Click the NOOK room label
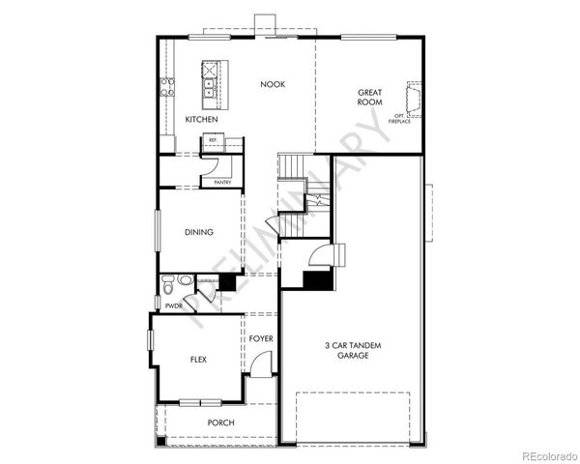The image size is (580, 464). [274, 85]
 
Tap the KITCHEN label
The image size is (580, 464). [201, 119]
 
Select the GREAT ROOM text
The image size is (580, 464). [369, 98]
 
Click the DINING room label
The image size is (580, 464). [199, 232]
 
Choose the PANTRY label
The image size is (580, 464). [221, 182]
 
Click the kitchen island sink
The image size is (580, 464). [210, 90]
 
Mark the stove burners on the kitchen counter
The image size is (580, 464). [166, 88]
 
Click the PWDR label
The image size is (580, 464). [174, 305]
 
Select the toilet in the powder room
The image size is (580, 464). [167, 287]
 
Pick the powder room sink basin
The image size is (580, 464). [185, 280]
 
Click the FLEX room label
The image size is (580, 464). [198, 360]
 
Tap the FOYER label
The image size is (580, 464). [261, 339]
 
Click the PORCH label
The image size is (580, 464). [221, 422]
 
